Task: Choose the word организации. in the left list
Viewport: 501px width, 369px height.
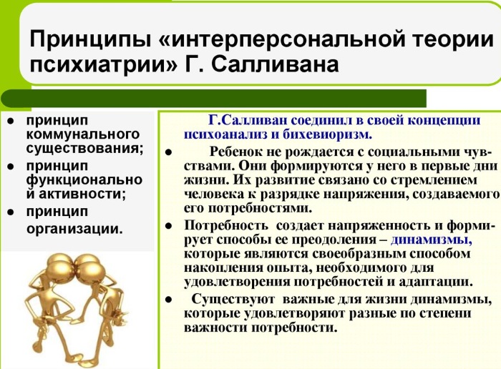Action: point(74,229)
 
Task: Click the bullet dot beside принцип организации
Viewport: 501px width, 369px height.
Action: point(11,212)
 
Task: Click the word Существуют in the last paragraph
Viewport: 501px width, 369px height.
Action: point(235,299)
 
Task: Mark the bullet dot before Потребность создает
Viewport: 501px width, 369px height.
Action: point(169,226)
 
